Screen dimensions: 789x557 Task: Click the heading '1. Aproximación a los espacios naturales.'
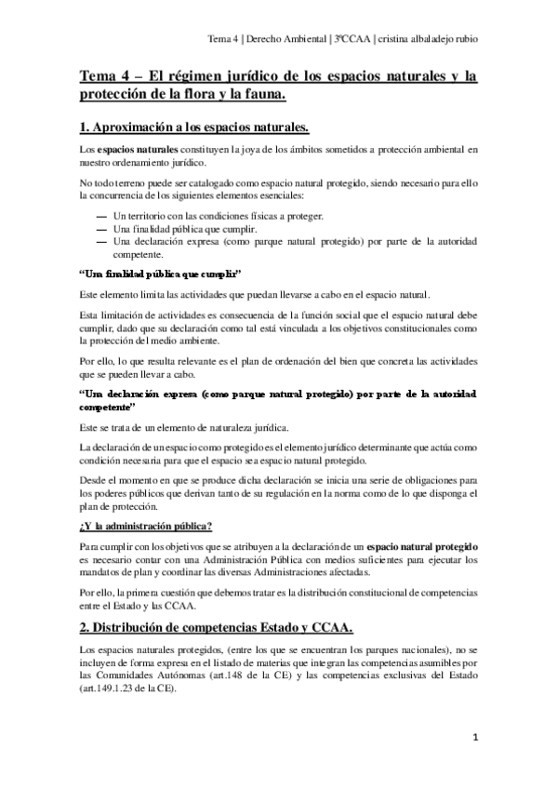[x=193, y=127]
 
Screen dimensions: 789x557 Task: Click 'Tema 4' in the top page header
[x=223, y=39]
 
